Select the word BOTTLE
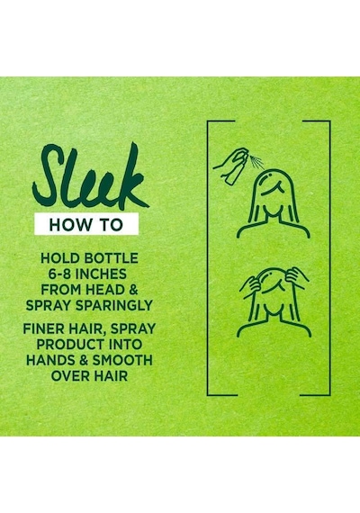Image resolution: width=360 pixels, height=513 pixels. click(x=112, y=258)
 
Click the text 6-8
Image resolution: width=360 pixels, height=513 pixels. click(x=60, y=274)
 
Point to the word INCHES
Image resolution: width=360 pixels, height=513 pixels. click(x=101, y=274)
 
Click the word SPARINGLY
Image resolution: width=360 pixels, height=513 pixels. click(x=114, y=305)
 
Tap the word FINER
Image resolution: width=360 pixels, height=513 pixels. click(x=42, y=328)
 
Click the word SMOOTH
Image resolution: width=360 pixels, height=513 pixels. click(x=122, y=360)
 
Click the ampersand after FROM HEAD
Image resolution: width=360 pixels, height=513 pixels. click(x=133, y=290)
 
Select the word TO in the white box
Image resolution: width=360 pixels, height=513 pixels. click(x=112, y=225)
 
